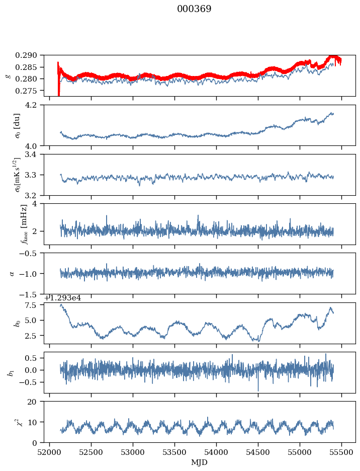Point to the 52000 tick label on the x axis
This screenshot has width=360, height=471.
pos(49,452)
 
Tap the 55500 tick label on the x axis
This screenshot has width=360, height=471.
pos(342,452)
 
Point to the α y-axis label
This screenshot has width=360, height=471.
pos(12,273)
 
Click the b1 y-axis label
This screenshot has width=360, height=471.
pos(10,372)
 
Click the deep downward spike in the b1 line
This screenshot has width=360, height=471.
pos(258,390)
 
